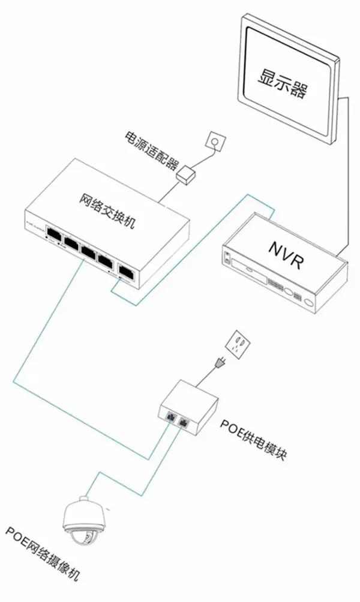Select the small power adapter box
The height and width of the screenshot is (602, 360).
(187, 174)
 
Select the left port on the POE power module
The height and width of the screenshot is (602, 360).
(170, 414)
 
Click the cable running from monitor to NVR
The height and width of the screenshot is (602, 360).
(347, 180)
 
